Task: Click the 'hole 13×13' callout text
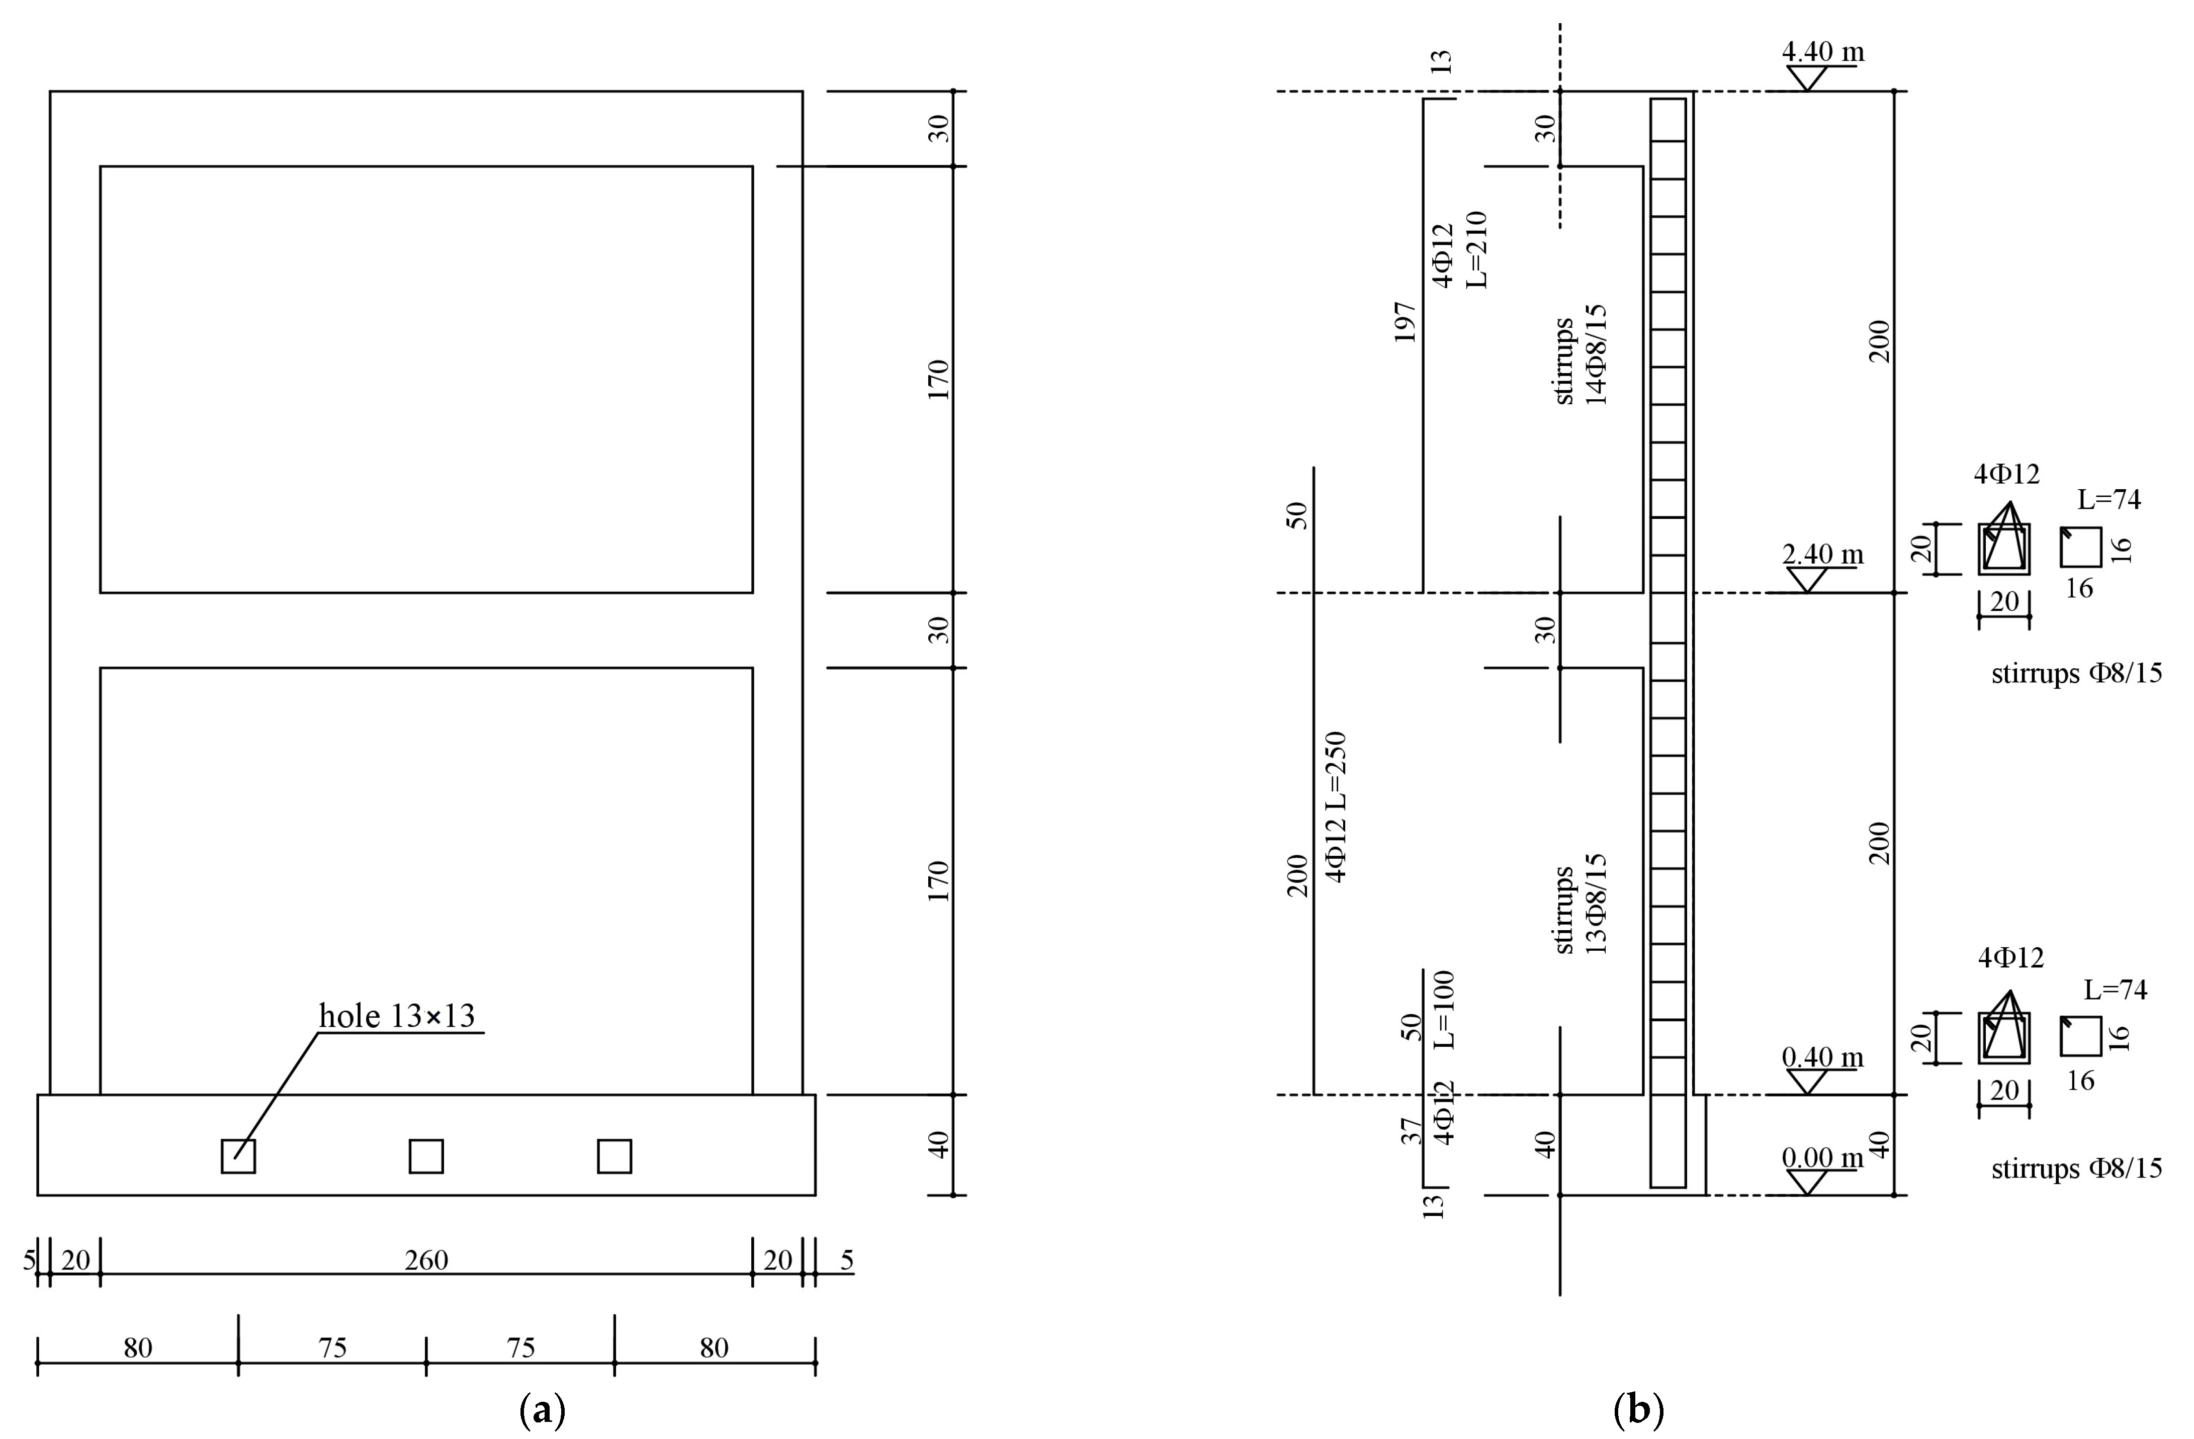[396, 1016]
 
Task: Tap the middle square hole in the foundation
[426, 1156]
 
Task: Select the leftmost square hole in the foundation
[238, 1156]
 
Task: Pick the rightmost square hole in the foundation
[614, 1156]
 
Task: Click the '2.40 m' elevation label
[1822, 554]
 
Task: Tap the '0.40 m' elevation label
[1822, 1056]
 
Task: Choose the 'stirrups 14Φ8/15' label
[1581, 355]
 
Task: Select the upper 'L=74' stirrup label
[2109, 500]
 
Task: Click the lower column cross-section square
[2003, 1038]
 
